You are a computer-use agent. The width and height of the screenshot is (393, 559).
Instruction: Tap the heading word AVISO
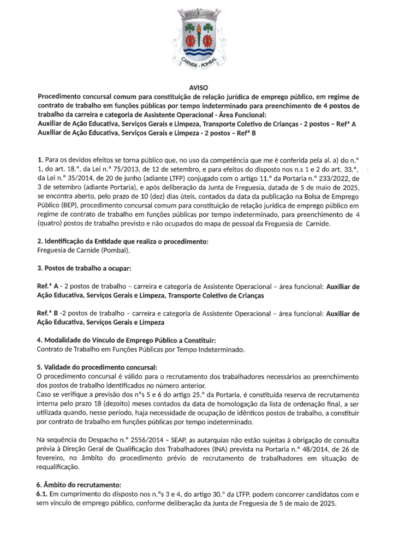(x=196, y=87)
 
